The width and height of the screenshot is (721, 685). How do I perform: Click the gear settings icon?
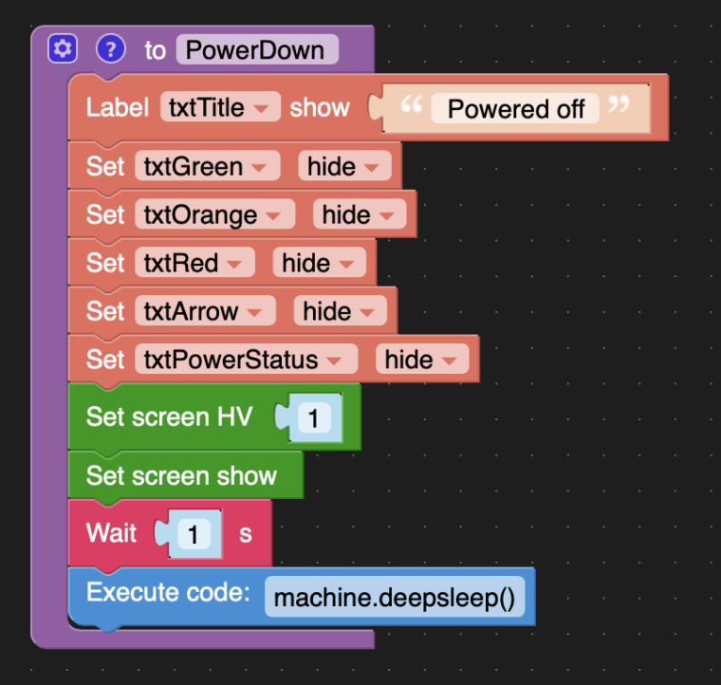[63, 48]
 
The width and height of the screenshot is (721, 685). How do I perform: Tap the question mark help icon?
[111, 48]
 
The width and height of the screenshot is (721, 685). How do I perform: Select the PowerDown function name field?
[257, 49]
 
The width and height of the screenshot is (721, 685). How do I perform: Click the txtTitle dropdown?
[220, 107]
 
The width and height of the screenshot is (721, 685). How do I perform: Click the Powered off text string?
[515, 109]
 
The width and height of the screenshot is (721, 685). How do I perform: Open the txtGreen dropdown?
[208, 166]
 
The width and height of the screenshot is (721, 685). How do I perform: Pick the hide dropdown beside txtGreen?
[345, 166]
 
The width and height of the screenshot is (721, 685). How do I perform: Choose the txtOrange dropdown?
[214, 214]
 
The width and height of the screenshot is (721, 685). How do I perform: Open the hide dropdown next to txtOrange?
[360, 214]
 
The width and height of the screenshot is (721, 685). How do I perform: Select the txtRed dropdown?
[195, 263]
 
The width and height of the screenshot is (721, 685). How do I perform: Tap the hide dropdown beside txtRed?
[320, 263]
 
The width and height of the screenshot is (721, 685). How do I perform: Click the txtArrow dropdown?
[206, 311]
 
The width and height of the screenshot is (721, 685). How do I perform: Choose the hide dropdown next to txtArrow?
[341, 311]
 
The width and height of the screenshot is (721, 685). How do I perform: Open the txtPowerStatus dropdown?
[247, 359]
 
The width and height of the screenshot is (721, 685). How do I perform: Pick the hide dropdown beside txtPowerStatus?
[422, 359]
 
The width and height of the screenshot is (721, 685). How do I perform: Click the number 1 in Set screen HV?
[314, 417]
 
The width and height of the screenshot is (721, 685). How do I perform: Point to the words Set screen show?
[181, 475]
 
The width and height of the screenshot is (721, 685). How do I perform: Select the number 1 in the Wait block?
[194, 534]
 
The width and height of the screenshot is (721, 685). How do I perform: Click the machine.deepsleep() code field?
[395, 597]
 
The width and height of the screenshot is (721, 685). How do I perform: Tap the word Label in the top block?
[118, 107]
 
